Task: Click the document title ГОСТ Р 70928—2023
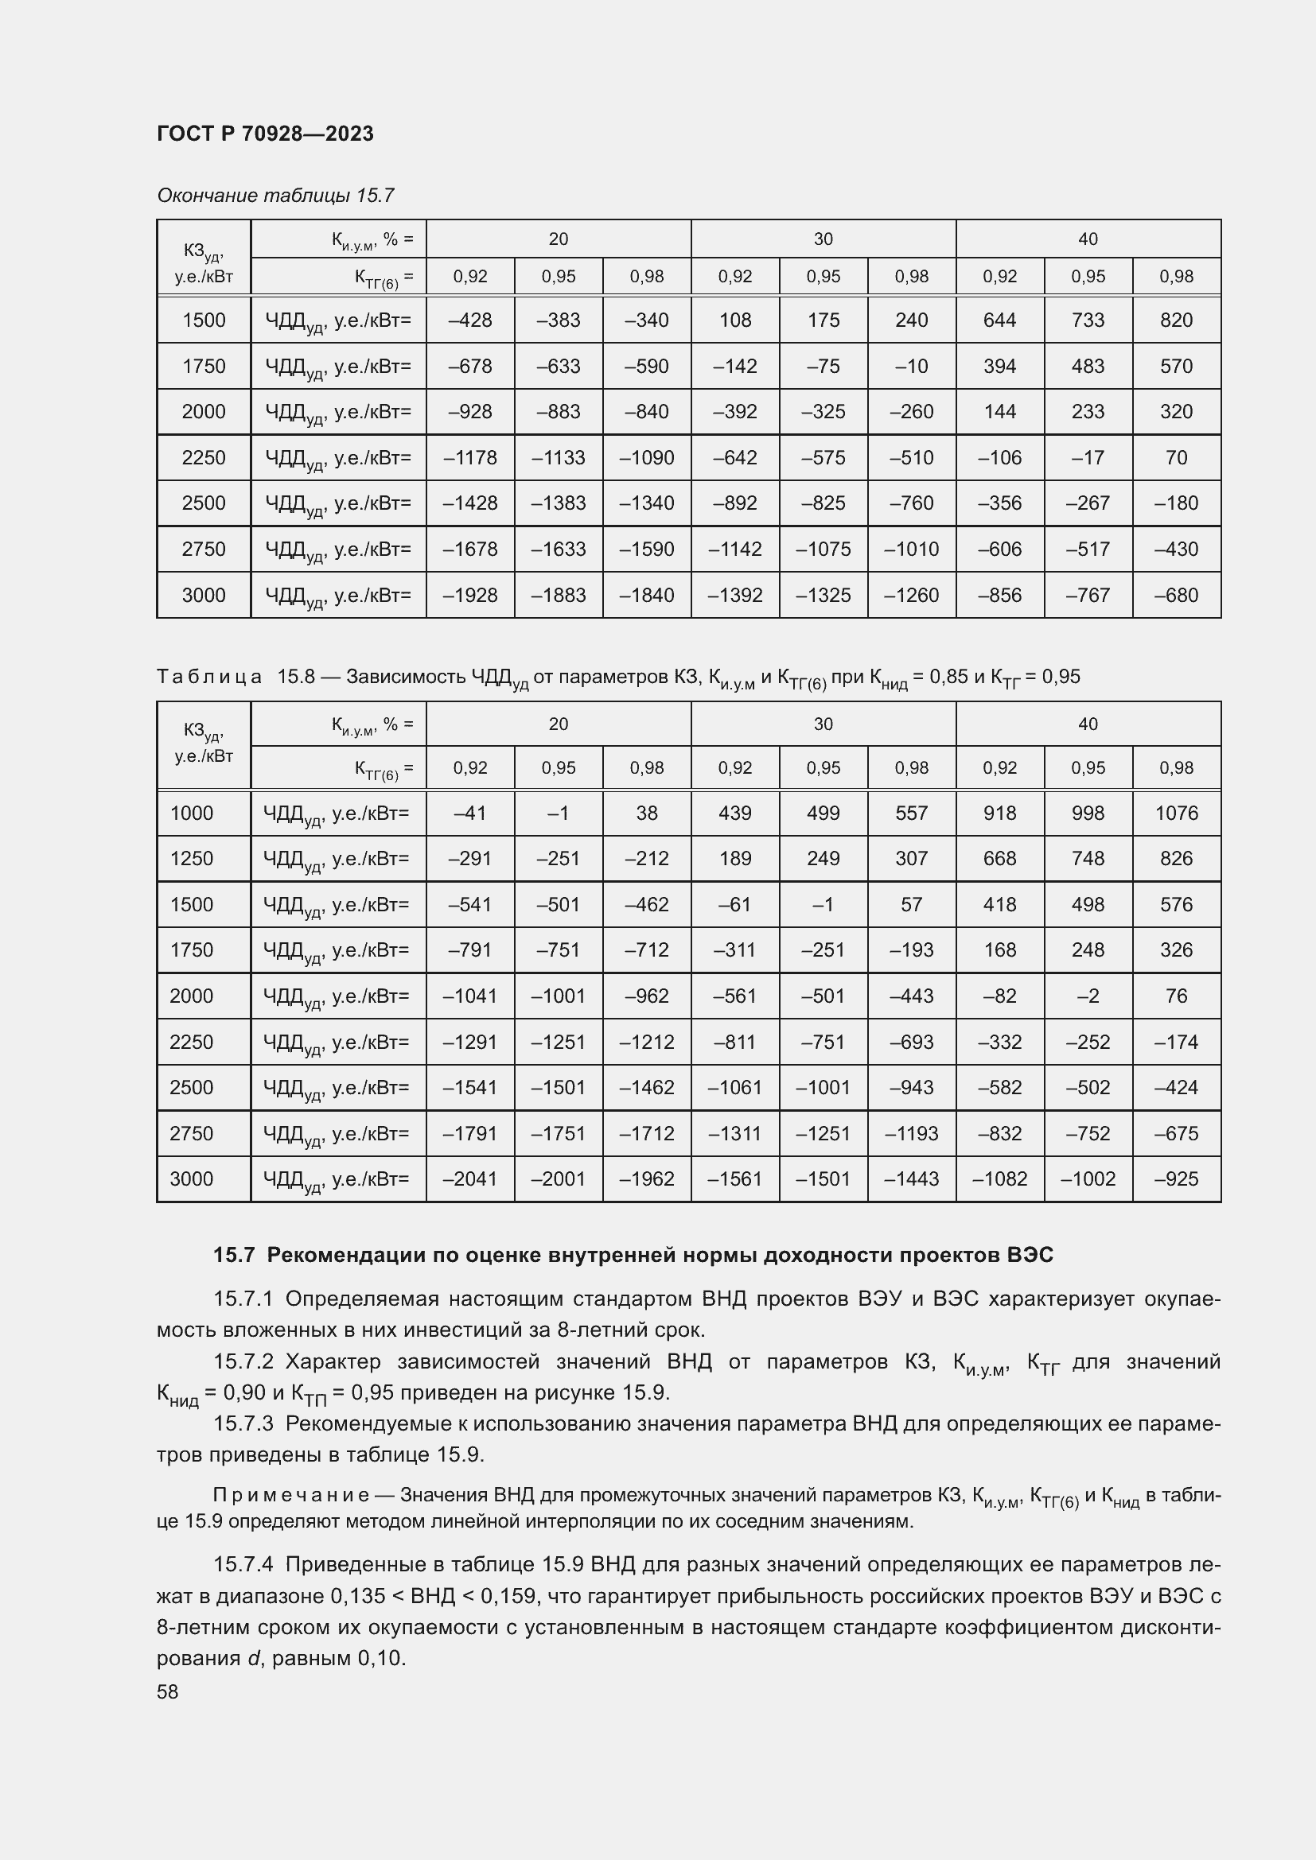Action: point(265,134)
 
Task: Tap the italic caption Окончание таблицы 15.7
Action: point(274,196)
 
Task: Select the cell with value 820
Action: point(1175,320)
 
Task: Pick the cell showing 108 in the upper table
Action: point(734,320)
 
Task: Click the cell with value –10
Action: point(911,366)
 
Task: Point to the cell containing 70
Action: point(1175,458)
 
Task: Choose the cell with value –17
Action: point(1088,458)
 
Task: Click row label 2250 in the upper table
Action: point(204,458)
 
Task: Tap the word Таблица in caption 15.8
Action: point(209,677)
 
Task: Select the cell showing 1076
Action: point(1175,813)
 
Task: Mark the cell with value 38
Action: point(646,813)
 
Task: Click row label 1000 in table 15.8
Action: point(191,813)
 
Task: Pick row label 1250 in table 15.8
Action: point(191,858)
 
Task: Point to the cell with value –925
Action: point(1175,1179)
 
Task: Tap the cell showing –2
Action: point(1088,996)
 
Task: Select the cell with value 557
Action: point(911,813)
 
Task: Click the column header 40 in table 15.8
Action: point(1088,724)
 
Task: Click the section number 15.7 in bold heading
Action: point(234,1255)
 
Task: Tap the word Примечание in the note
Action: point(291,1495)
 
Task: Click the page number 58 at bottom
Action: point(168,1691)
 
